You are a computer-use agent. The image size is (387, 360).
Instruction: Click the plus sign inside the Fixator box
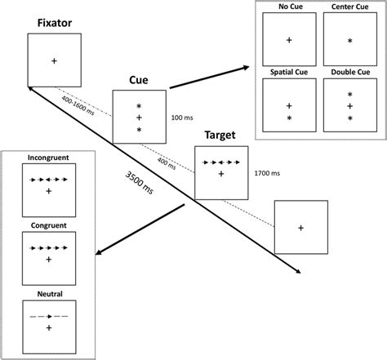54,60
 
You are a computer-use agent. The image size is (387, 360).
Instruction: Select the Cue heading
139,81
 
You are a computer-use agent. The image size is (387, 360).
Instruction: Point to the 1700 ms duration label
267,174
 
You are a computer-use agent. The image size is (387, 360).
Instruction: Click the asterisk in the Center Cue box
349,40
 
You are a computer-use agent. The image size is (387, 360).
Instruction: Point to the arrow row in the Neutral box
49,315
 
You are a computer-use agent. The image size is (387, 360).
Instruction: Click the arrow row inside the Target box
220,162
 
